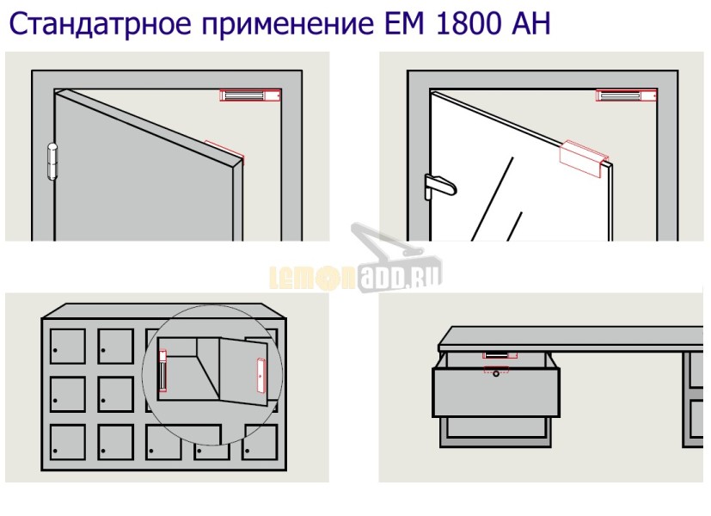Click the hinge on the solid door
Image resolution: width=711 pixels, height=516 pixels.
click(x=52, y=161)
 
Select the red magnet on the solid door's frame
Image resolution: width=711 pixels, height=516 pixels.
click(x=249, y=95)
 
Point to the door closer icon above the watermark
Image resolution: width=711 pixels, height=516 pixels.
click(x=378, y=244)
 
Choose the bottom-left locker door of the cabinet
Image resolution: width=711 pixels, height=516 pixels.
click(x=66, y=441)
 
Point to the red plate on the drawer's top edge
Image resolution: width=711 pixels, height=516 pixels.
click(x=496, y=370)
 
